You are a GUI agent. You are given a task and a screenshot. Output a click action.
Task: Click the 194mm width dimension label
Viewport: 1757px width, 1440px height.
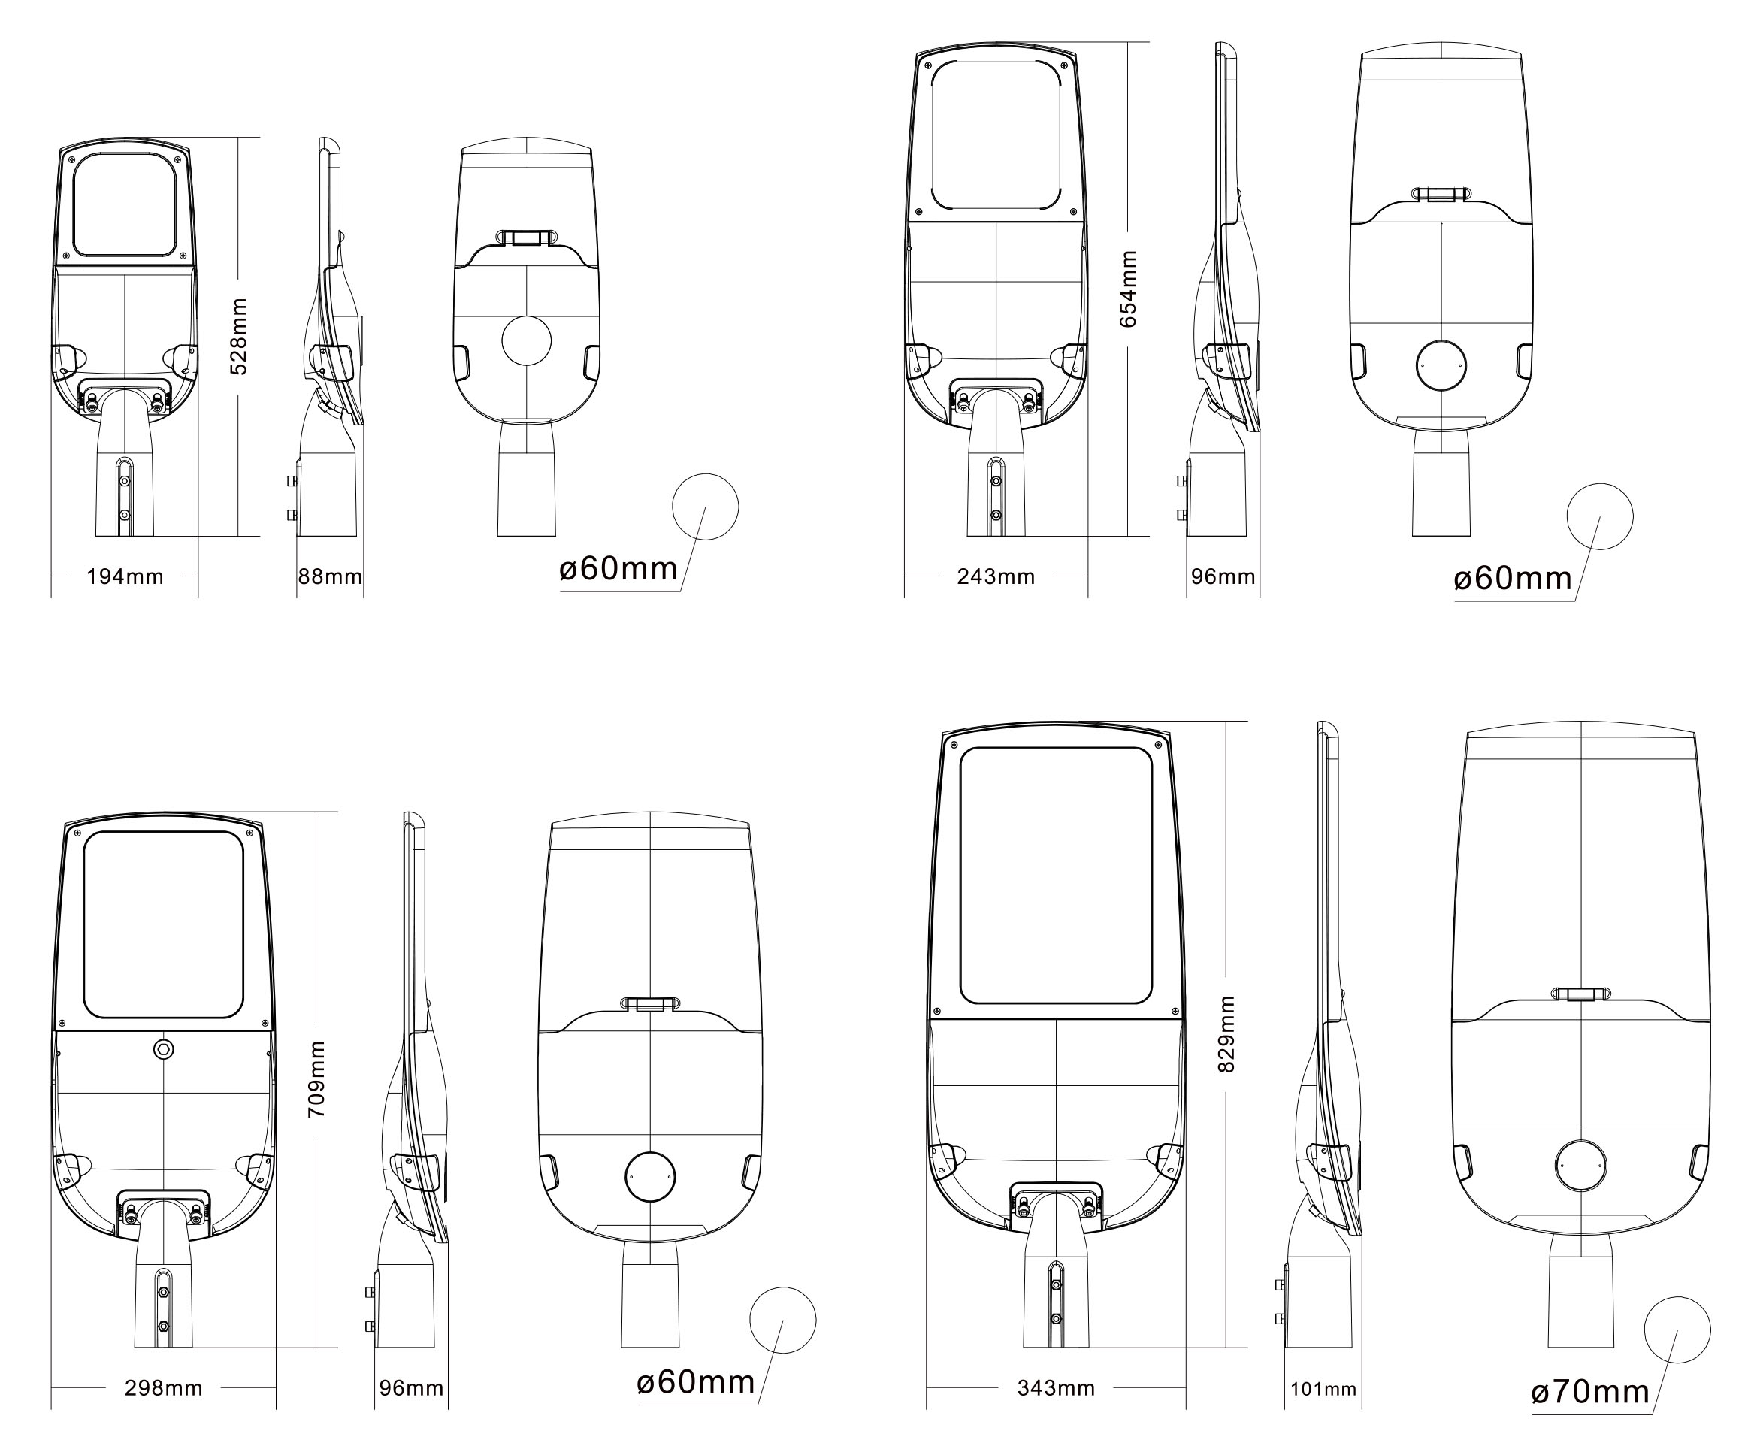point(125,576)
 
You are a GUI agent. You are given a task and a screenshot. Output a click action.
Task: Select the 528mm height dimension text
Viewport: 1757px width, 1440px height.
point(239,337)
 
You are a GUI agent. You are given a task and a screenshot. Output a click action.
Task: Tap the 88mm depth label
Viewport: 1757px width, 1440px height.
point(330,576)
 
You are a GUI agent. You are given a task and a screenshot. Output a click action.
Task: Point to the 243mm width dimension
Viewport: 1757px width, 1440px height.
point(996,576)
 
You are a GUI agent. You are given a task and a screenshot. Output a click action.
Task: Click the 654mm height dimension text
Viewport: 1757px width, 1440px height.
point(1128,289)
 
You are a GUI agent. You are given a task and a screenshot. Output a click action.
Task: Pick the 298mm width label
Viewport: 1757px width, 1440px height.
point(163,1387)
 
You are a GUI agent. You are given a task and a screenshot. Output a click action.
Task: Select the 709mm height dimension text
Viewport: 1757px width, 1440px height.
point(316,1079)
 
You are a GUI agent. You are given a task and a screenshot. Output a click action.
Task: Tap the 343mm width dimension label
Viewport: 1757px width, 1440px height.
point(1056,1387)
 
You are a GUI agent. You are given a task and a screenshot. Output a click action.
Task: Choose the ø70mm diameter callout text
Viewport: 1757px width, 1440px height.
point(1590,1392)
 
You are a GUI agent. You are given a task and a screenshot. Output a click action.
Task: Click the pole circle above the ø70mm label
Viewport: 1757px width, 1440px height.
point(1677,1330)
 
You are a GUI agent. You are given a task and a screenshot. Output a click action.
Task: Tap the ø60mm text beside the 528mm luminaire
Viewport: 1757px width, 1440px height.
point(618,569)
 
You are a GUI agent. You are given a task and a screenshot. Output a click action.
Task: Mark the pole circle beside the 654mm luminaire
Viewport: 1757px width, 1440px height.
point(1599,516)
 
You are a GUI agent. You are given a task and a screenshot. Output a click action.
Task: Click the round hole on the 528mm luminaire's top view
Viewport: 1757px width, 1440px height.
point(527,340)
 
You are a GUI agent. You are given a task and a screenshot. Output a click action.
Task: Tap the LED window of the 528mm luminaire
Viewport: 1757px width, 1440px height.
point(125,204)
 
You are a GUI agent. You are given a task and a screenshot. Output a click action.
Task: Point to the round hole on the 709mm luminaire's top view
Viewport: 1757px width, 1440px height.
point(649,1176)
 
